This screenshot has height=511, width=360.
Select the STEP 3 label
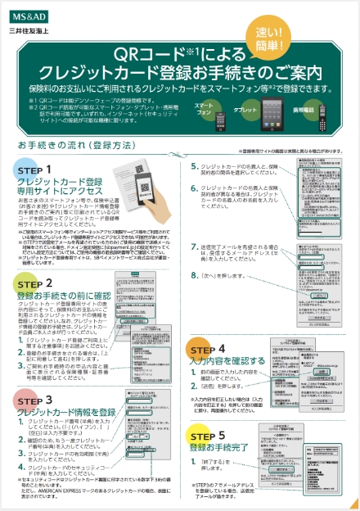point(34,398)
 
